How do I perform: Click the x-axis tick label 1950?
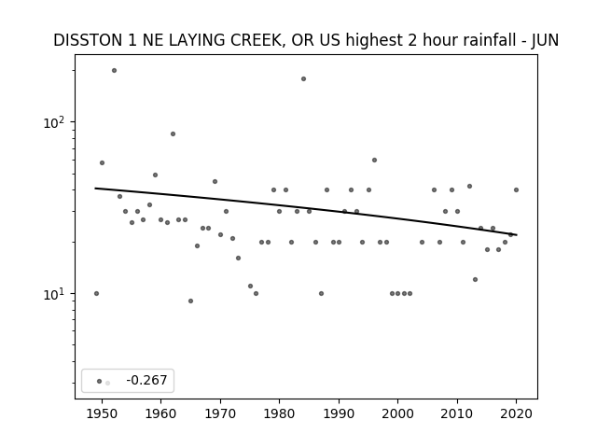102,413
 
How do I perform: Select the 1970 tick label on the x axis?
220,413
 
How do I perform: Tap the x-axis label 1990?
339,413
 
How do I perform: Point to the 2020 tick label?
516,413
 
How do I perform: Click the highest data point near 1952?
114,71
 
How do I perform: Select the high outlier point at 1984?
303,78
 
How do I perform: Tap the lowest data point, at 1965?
190,301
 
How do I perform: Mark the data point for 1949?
96,293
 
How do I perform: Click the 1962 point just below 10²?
173,133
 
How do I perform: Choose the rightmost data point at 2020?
516,189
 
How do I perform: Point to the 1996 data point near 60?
374,160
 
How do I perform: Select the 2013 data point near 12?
475,279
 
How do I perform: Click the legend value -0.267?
146,380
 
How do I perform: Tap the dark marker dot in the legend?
99,381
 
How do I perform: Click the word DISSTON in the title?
88,40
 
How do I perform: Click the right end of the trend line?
517,234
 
